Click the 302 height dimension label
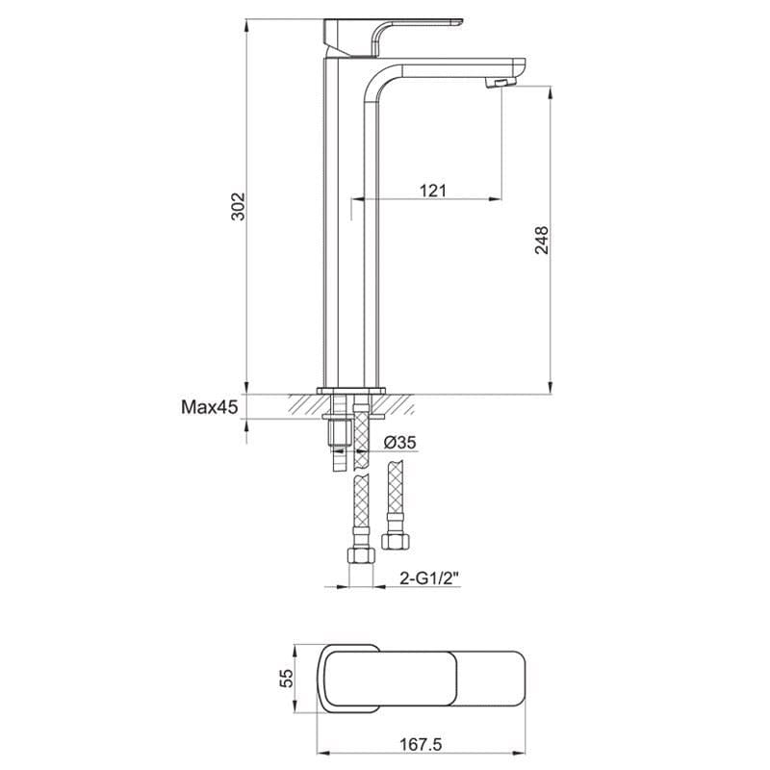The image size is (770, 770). click(x=240, y=206)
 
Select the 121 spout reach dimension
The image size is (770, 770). click(x=433, y=191)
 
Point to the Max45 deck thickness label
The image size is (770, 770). click(x=209, y=408)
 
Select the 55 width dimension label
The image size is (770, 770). click(x=284, y=678)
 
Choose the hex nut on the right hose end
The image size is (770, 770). click(x=394, y=536)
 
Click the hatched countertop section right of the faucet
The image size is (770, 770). click(x=399, y=403)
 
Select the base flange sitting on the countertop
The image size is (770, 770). click(x=353, y=390)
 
